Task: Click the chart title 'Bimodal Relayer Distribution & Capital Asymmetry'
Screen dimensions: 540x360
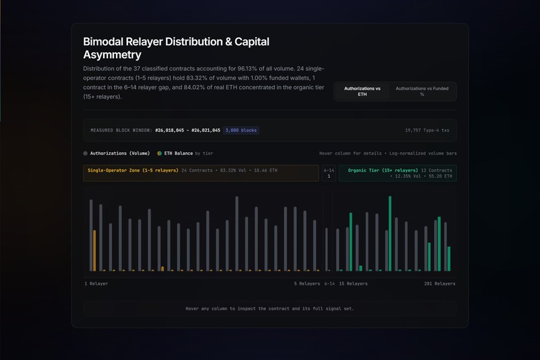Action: pyautogui.click(x=176, y=48)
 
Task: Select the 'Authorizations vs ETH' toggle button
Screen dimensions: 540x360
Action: pyautogui.click(x=362, y=91)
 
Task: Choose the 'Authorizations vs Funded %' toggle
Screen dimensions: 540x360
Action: pyautogui.click(x=422, y=91)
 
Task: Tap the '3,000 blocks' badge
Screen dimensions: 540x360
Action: pyautogui.click(x=241, y=130)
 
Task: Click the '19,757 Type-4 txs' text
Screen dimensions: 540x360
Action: pyautogui.click(x=427, y=130)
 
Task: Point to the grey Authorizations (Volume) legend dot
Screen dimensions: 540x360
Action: pyautogui.click(x=85, y=154)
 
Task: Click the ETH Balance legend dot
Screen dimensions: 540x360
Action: pyautogui.click(x=159, y=154)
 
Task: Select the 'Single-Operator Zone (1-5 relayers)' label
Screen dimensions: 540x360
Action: pyautogui.click(x=133, y=170)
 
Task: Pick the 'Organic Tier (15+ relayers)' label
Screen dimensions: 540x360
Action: pyautogui.click(x=383, y=170)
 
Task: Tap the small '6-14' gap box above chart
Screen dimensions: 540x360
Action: pyautogui.click(x=329, y=173)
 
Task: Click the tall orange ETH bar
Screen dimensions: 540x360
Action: pyautogui.click(x=94, y=251)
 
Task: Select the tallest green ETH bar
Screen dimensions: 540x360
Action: pyautogui.click(x=390, y=233)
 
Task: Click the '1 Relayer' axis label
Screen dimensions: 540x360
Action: pyautogui.click(x=96, y=284)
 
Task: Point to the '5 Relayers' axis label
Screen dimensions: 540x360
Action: pyautogui.click(x=307, y=284)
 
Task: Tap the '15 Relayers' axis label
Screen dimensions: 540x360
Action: pyautogui.click(x=353, y=284)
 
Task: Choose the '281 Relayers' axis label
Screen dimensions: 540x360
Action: pyautogui.click(x=440, y=284)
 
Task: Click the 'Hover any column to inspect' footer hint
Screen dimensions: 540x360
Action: pyautogui.click(x=269, y=308)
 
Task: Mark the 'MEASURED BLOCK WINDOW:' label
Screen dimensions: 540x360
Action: pyautogui.click(x=121, y=130)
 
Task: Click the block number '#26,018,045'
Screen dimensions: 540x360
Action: pyautogui.click(x=170, y=130)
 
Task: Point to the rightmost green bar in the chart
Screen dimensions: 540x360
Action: pyautogui.click(x=449, y=259)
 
